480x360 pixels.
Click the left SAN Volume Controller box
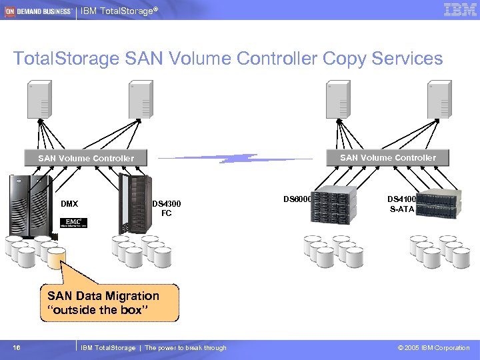pyautogui.click(x=86, y=158)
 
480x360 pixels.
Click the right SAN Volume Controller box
pyautogui.click(x=388, y=157)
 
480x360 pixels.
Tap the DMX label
pyautogui.click(x=69, y=203)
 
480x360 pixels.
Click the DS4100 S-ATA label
pyautogui.click(x=402, y=204)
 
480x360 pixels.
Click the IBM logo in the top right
pyautogui.click(x=459, y=9)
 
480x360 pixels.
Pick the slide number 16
pyautogui.click(x=17, y=347)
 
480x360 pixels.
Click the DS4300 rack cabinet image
pyautogui.click(x=134, y=203)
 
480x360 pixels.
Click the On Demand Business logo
pyautogui.click(x=38, y=11)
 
